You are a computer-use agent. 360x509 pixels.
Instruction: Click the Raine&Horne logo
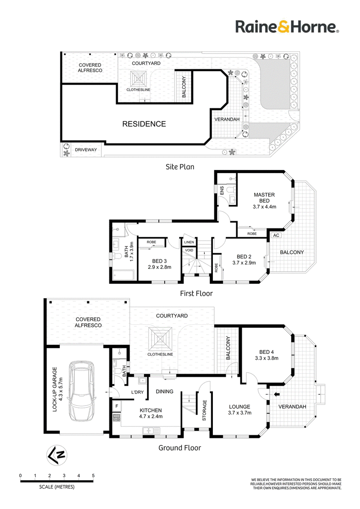[287, 27]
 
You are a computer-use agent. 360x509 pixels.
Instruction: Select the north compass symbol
[57, 455]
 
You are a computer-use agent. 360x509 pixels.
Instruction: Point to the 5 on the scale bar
[93, 476]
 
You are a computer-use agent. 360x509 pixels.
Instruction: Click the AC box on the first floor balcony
[276, 235]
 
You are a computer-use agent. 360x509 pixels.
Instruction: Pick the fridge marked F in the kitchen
[117, 406]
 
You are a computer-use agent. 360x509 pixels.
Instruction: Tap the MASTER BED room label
[264, 198]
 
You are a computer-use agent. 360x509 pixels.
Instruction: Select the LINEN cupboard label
[189, 242]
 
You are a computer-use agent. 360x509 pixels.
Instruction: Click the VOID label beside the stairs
[189, 250]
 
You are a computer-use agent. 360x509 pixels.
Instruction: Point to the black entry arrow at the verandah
[276, 394]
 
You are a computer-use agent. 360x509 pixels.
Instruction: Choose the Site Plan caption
[180, 167]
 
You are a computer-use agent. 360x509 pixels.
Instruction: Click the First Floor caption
[196, 294]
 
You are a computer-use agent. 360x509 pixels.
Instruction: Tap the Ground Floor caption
[180, 448]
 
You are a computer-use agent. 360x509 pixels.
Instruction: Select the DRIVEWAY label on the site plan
[86, 150]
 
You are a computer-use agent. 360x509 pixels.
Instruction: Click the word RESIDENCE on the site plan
[144, 124]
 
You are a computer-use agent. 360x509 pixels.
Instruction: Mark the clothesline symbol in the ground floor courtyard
[160, 339]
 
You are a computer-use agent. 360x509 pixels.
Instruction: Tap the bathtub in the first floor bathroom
[123, 276]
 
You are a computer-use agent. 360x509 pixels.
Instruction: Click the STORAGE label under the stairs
[204, 411]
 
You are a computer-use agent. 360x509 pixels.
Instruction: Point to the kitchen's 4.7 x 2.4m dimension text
[151, 416]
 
